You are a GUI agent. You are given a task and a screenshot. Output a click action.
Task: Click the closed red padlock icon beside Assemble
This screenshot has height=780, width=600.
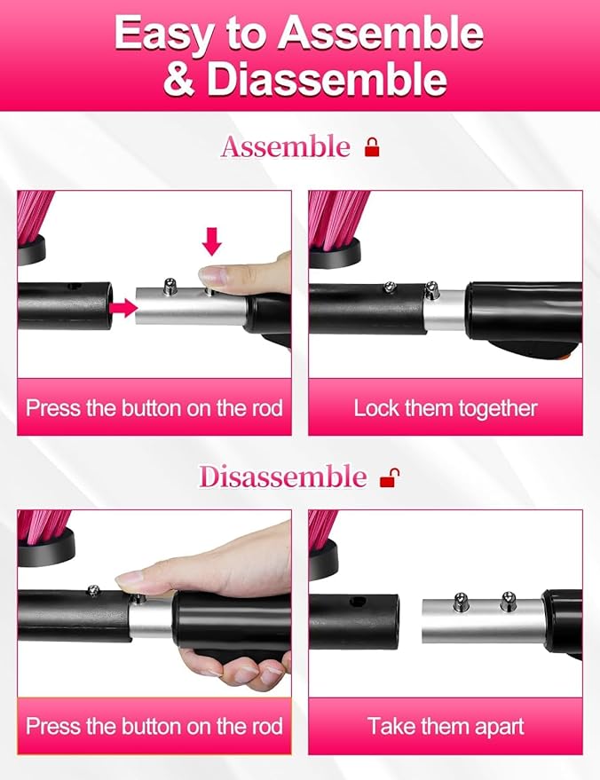[372, 147]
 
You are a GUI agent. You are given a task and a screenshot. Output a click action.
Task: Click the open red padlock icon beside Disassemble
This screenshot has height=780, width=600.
[390, 477]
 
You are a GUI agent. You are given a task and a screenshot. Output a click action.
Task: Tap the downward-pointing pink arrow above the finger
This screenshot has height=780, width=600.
[212, 241]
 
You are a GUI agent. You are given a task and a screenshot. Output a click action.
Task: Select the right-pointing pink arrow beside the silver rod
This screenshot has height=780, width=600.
[123, 308]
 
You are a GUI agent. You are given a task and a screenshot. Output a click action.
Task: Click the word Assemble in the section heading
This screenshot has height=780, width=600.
[286, 147]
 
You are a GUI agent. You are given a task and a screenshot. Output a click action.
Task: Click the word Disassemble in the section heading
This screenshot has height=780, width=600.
[282, 477]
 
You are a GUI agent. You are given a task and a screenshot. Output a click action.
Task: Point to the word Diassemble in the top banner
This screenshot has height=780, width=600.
[327, 79]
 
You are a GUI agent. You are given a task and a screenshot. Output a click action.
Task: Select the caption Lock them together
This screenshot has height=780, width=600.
[446, 408]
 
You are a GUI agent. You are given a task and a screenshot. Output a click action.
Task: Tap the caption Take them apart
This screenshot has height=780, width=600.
[446, 726]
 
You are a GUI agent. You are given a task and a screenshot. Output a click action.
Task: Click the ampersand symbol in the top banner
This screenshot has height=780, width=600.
[179, 80]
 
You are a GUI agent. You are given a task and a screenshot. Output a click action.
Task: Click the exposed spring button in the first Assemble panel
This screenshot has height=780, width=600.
[170, 286]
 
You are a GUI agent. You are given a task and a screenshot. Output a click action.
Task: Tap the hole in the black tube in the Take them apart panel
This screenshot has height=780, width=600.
[354, 602]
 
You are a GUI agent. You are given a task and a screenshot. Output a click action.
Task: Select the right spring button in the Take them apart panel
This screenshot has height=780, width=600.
[508, 600]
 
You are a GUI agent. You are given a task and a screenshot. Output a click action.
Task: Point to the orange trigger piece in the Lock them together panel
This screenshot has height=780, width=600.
[564, 358]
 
